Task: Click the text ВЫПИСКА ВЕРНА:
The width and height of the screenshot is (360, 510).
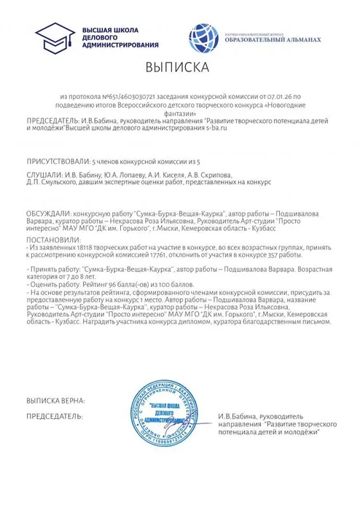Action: coord(55,401)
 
